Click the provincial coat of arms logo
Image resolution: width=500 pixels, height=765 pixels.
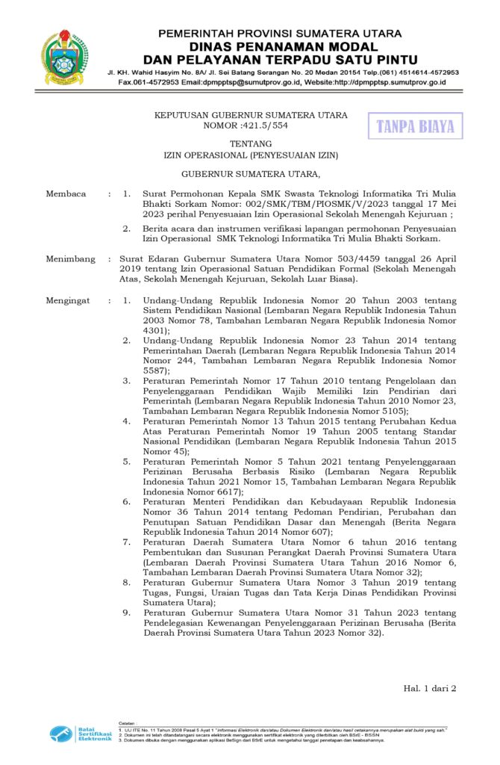[x=63, y=58]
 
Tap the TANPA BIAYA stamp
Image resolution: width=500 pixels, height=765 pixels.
[x=415, y=126]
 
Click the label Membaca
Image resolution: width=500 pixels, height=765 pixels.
[x=66, y=193]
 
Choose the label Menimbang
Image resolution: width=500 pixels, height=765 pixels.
[x=70, y=258]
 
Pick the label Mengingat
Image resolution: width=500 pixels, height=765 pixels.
[x=68, y=300]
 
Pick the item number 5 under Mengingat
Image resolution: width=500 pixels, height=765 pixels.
[x=126, y=462]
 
